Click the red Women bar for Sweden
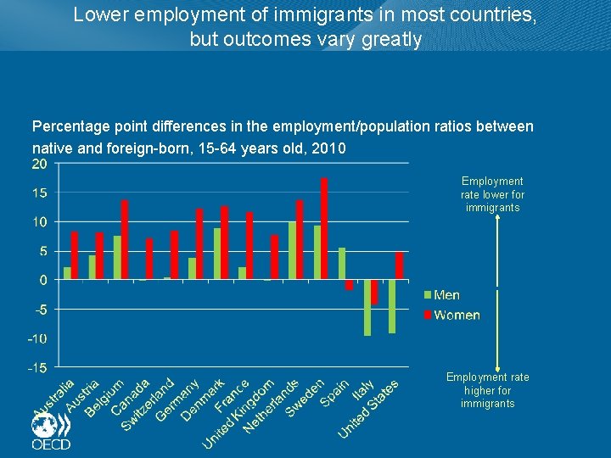324,229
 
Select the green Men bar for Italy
367,307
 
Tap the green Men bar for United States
392,306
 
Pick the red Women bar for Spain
349,285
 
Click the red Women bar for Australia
75,255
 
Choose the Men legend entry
440,295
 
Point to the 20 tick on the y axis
39,165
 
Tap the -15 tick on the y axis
36,367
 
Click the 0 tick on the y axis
42,280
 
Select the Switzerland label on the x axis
149,404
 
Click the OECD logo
51,432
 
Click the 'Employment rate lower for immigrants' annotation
492,194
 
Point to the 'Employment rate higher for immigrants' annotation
488,390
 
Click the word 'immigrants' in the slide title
283,14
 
